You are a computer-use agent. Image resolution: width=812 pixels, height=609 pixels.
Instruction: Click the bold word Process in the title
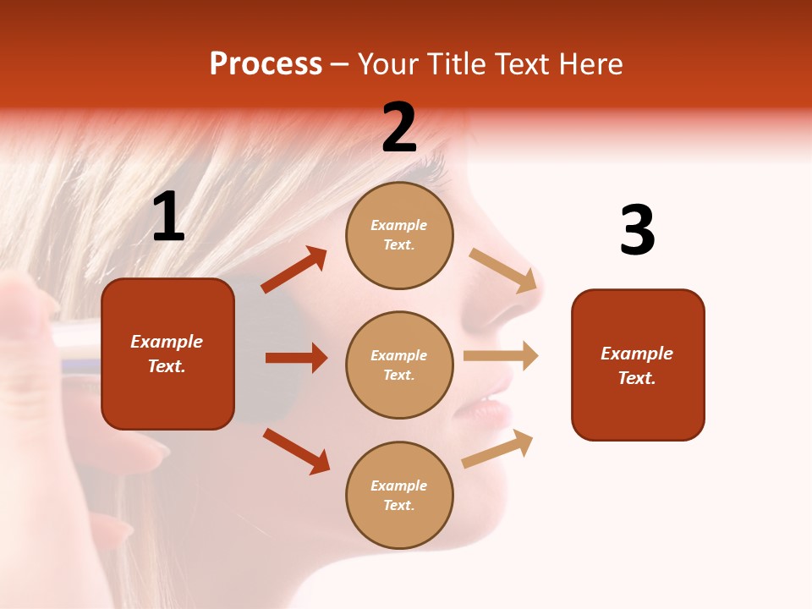(266, 64)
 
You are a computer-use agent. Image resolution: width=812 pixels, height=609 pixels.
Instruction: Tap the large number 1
(168, 217)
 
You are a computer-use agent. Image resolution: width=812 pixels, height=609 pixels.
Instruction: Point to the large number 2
(399, 128)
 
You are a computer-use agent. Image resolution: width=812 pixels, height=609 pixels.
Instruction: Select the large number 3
(637, 231)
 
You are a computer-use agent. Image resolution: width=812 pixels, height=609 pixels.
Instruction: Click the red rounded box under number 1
(167, 354)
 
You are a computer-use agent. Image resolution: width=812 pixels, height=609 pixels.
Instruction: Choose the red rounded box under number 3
(638, 365)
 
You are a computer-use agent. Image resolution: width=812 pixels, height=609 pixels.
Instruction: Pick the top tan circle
(399, 235)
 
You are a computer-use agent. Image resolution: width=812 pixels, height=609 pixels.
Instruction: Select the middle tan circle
(399, 365)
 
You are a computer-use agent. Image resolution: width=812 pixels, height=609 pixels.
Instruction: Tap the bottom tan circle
(399, 495)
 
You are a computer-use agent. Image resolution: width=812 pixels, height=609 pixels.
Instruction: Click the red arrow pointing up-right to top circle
(294, 270)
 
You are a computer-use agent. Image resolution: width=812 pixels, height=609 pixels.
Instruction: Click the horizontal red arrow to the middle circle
(296, 358)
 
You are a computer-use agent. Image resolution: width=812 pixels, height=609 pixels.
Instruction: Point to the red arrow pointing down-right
(297, 451)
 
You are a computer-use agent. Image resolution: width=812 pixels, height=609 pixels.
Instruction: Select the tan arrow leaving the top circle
(503, 271)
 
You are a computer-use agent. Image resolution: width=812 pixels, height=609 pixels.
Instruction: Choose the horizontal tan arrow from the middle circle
(501, 355)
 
